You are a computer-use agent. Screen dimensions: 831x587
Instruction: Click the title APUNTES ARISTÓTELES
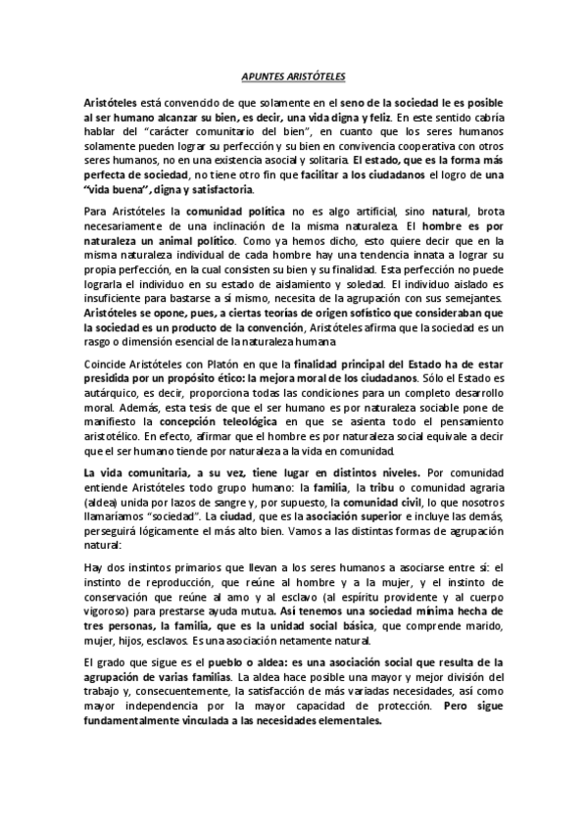coord(292,75)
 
